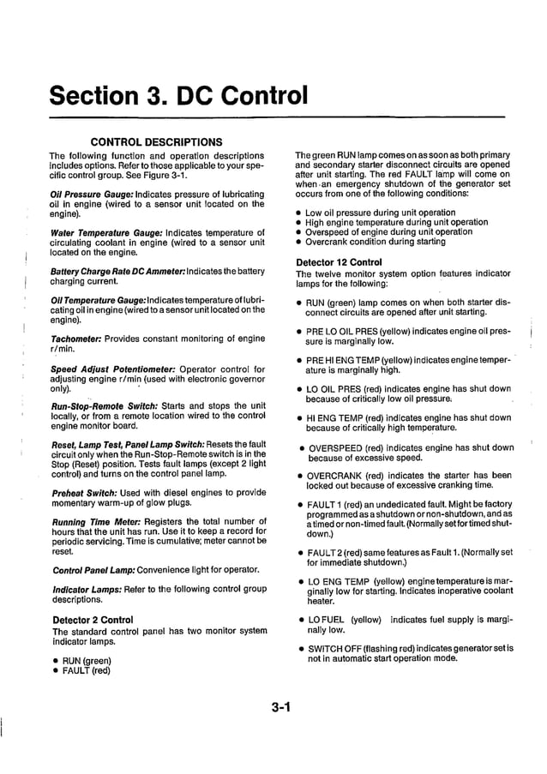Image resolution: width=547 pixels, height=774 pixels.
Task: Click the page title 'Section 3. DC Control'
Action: point(178,93)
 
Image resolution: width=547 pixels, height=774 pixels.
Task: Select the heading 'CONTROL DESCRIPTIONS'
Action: point(156,141)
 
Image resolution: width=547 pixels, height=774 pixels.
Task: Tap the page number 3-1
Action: point(282,707)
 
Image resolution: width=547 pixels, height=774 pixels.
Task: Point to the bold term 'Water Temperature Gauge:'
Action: point(103,232)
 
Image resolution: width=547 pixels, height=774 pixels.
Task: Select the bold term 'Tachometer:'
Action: point(78,339)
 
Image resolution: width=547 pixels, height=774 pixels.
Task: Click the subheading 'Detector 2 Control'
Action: point(93,619)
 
